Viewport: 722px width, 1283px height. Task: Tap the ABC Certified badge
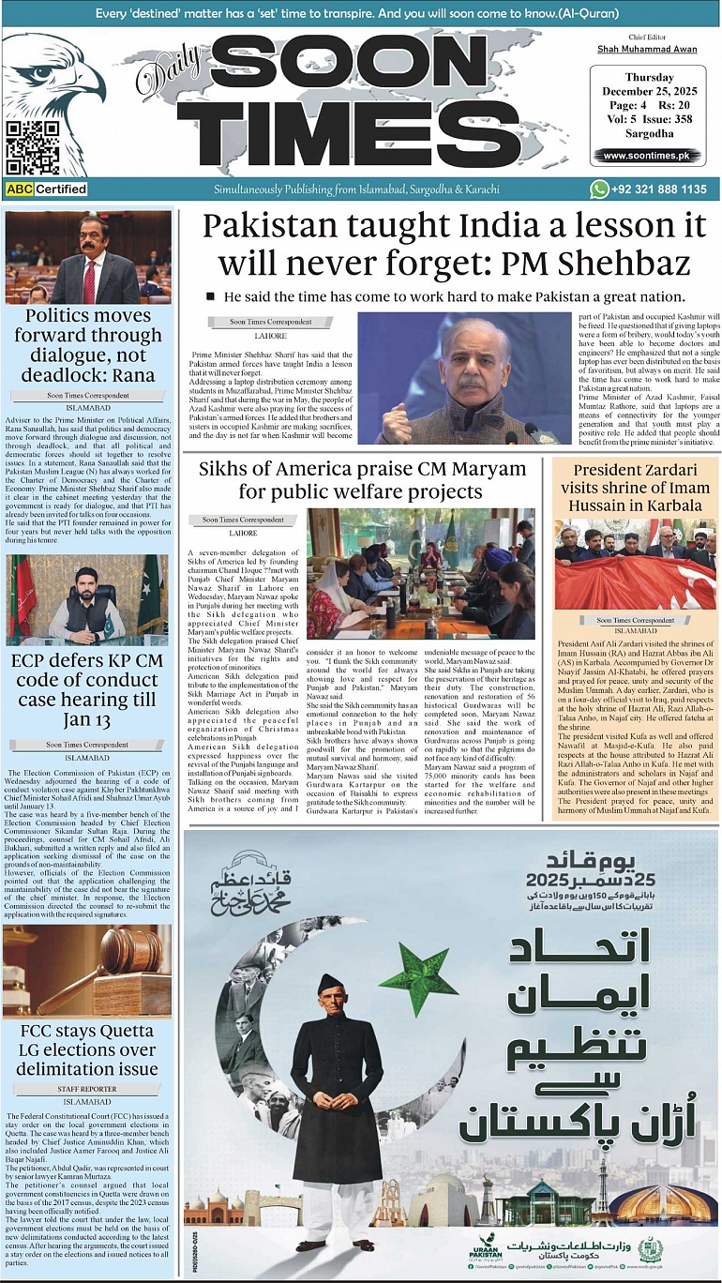[x=47, y=189]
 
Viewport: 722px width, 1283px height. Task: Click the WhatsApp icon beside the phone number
[x=598, y=189]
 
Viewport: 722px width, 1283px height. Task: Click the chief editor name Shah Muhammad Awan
[x=647, y=49]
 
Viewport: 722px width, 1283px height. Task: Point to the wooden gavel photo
[x=87, y=972]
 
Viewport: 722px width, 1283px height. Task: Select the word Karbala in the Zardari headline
[x=668, y=506]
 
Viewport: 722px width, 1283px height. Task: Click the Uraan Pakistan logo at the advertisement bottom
[x=485, y=1248]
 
